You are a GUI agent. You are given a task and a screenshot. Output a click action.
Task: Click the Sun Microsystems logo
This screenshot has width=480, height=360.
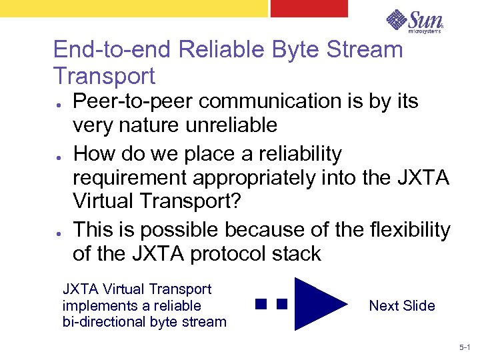pyautogui.click(x=413, y=21)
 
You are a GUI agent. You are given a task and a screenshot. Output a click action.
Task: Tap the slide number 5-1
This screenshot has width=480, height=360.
pyautogui.click(x=464, y=348)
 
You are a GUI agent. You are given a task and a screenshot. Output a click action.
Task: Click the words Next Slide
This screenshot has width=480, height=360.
pyautogui.click(x=401, y=306)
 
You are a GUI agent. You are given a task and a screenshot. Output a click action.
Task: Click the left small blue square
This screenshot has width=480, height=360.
pyautogui.click(x=260, y=305)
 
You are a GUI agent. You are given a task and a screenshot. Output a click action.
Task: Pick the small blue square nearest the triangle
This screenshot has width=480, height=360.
pyautogui.click(x=281, y=305)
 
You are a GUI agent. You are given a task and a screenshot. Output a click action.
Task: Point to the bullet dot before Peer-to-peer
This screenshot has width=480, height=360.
pyautogui.click(x=59, y=107)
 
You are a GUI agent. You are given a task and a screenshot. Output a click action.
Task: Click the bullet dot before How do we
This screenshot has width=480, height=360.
pyautogui.click(x=59, y=160)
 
